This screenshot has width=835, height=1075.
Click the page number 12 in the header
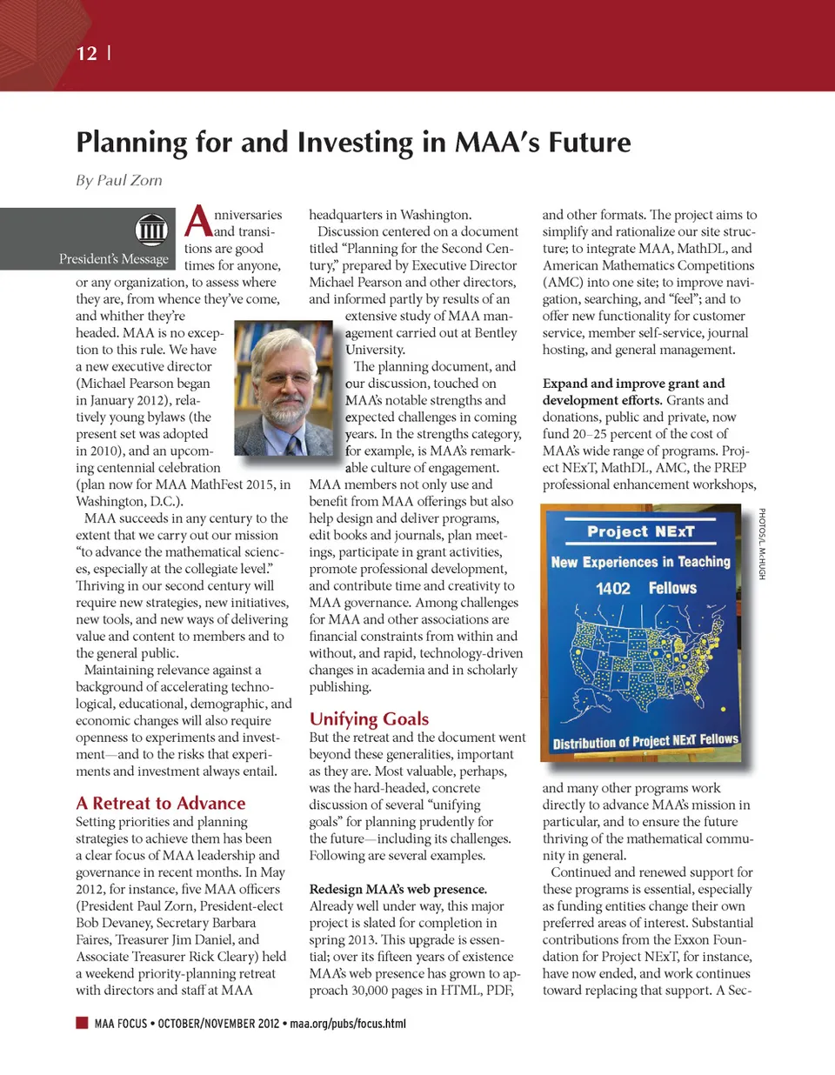click(87, 53)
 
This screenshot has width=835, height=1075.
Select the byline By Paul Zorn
click(119, 180)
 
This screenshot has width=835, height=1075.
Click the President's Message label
click(114, 258)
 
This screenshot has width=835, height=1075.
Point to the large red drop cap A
click(198, 222)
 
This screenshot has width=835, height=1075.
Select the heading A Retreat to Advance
click(161, 803)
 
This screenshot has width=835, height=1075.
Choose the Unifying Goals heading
click(369, 718)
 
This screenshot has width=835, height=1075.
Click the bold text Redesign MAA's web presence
click(397, 889)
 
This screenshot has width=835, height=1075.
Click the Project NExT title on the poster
click(640, 531)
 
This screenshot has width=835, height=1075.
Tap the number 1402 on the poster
click(612, 589)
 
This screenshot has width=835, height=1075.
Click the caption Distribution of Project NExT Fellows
click(645, 741)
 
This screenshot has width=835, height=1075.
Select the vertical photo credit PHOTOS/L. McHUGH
click(762, 544)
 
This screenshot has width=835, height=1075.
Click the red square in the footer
click(82, 1023)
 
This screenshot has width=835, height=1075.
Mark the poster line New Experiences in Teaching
click(641, 562)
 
